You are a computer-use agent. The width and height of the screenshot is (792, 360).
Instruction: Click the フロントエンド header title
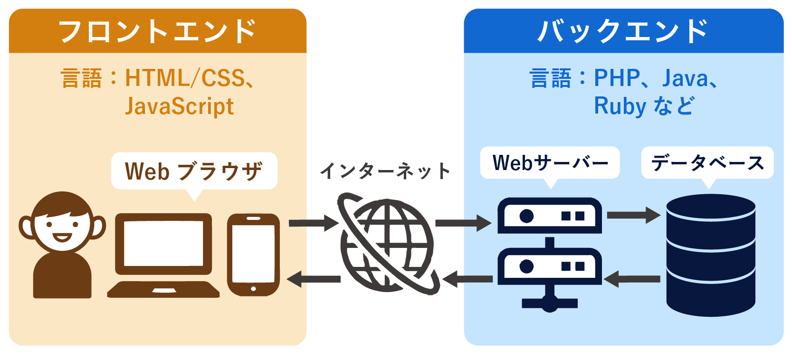pyautogui.click(x=157, y=31)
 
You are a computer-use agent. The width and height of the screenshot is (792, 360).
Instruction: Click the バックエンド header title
pyautogui.click(x=623, y=31)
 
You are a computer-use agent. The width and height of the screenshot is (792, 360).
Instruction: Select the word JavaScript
pyautogui.click(x=179, y=106)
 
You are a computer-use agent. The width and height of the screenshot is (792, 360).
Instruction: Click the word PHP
pyautogui.click(x=617, y=78)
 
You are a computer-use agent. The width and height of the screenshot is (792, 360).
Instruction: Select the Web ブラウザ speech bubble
pyautogui.click(x=194, y=171)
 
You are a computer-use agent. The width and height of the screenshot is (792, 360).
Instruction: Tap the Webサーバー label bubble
pyautogui.click(x=550, y=163)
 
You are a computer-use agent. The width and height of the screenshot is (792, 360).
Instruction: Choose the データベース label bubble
pyautogui.click(x=707, y=163)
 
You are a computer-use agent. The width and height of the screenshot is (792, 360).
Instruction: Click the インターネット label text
pyautogui.click(x=385, y=171)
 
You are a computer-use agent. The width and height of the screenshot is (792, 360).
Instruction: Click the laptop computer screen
pyautogui.click(x=163, y=243)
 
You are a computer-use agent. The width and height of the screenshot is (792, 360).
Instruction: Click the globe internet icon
pyautogui.click(x=387, y=244)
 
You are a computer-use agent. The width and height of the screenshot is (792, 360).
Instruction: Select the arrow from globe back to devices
pyautogui.click(x=314, y=279)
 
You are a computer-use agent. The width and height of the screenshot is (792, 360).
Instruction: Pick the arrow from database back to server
pyautogui.click(x=632, y=279)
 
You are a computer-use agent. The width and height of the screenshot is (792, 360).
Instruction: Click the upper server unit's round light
pyautogui.click(x=526, y=216)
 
